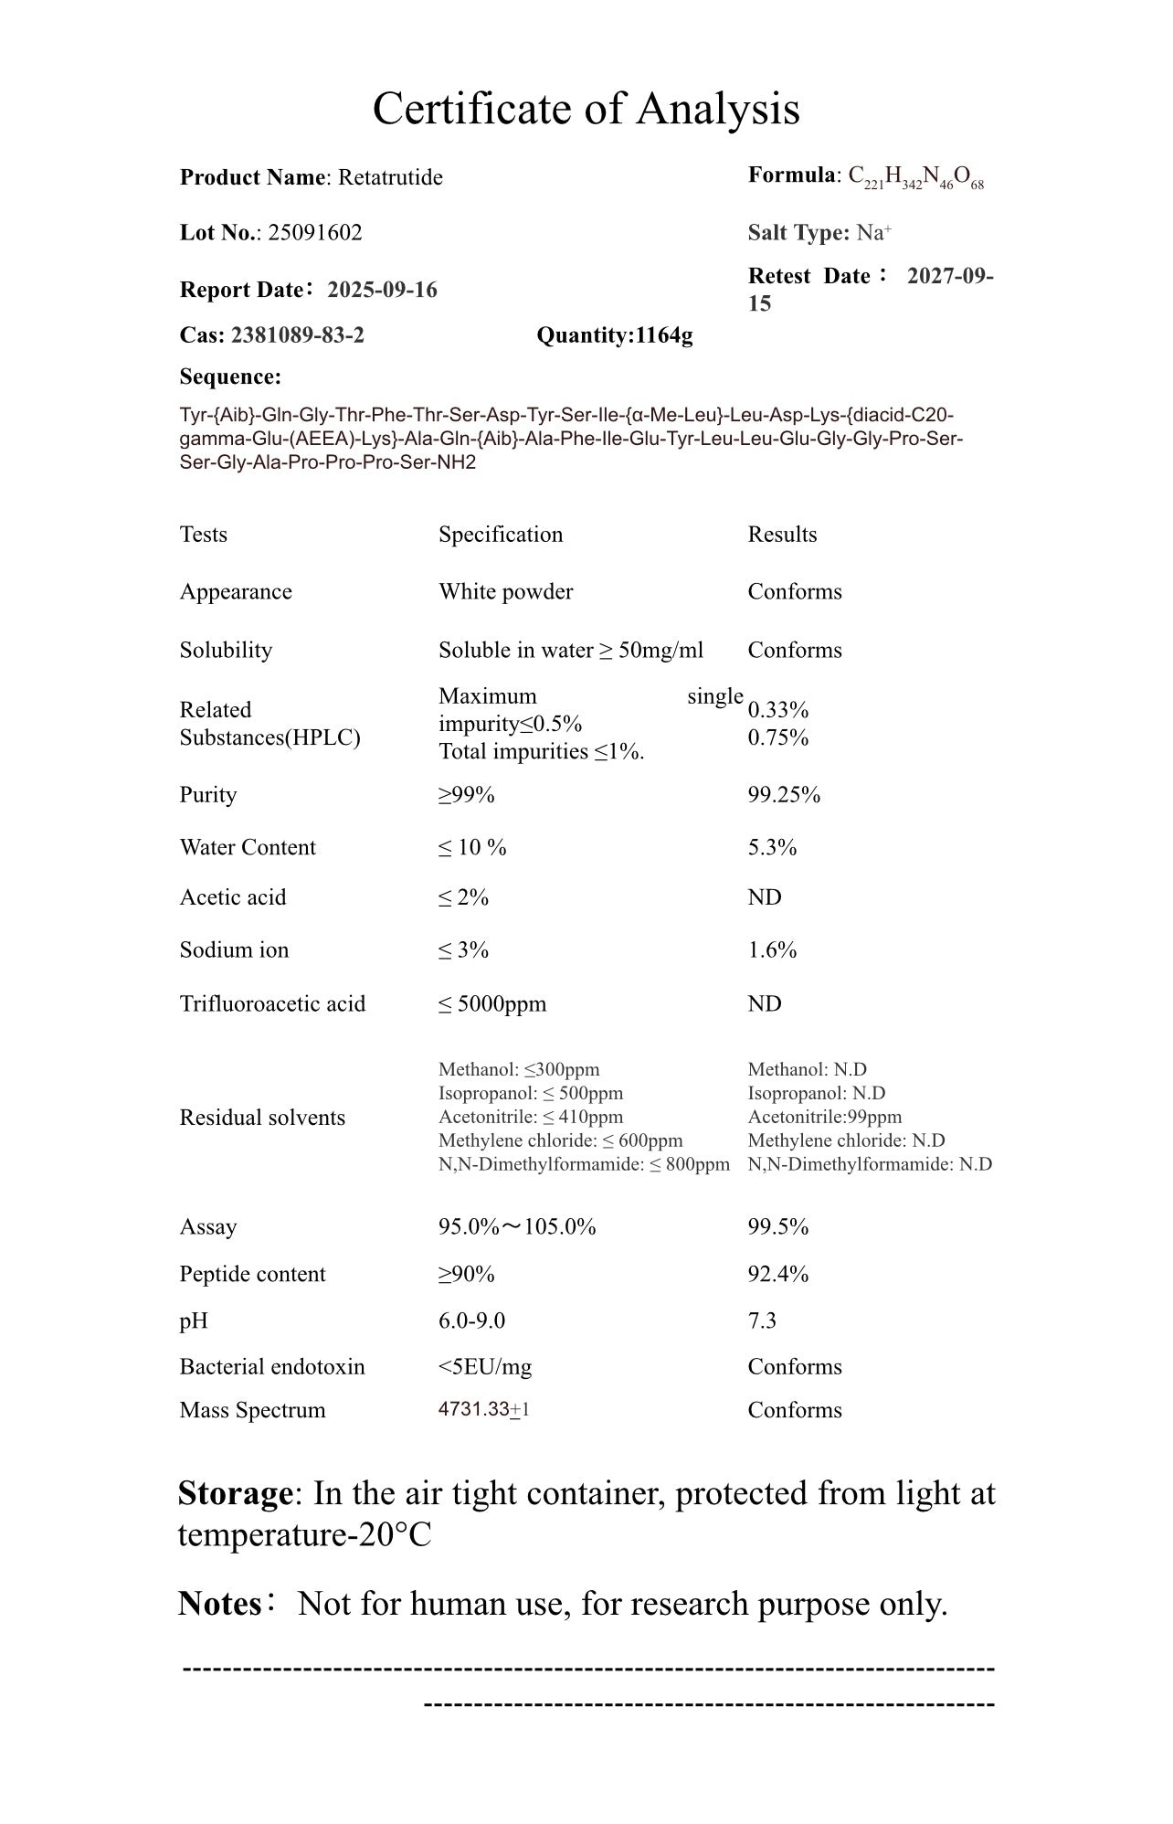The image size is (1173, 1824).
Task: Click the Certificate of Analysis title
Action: tap(586, 109)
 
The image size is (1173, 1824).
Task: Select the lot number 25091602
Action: tap(314, 233)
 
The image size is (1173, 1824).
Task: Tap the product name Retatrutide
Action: tap(390, 177)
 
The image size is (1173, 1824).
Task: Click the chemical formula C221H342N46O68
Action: tap(915, 176)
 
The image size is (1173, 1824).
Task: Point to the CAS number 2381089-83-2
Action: tap(297, 335)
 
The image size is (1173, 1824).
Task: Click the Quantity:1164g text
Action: tap(614, 335)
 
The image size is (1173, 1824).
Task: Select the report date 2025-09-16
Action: tap(382, 290)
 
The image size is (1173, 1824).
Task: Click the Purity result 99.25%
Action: tap(784, 795)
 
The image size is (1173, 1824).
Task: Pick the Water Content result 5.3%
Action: tap(772, 848)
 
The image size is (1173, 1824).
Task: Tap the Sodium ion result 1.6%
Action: tap(772, 950)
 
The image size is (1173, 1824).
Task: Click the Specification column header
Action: tap(501, 535)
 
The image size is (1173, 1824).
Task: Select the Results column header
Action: tap(782, 535)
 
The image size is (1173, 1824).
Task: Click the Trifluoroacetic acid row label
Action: tap(272, 1004)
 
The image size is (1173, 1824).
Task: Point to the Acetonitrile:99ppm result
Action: tap(824, 1117)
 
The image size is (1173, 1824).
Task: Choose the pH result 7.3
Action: tap(762, 1320)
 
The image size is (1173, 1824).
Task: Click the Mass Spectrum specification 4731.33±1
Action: tap(483, 1409)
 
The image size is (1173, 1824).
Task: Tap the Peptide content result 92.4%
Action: tap(777, 1274)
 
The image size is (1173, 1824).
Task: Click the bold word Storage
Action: tap(234, 1493)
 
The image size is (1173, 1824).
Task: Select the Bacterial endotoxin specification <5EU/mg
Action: tap(484, 1367)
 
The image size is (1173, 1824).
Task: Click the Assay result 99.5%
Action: tap(777, 1226)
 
